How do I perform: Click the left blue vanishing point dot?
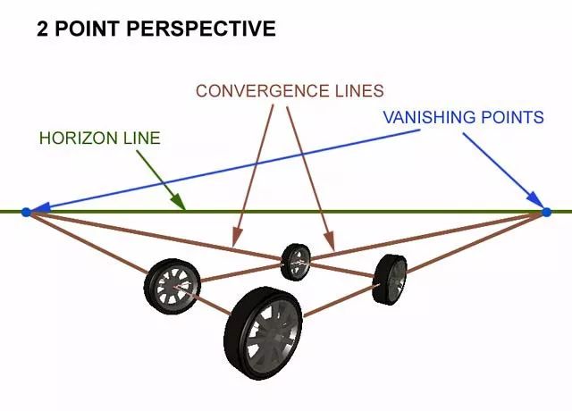pos(26,212)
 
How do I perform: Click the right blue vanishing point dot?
pos(546,212)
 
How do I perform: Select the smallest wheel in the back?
pos(295,260)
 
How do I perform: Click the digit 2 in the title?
pos(42,29)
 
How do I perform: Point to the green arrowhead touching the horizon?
pos(181,206)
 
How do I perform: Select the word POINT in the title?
pos(87,29)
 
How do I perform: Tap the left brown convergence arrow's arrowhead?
pos(234,239)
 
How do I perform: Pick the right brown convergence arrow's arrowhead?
pos(332,243)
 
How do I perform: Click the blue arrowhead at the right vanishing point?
pos(537,205)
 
